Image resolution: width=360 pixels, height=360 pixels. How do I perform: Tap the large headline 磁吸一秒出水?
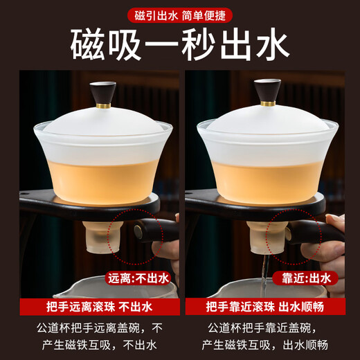179,44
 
